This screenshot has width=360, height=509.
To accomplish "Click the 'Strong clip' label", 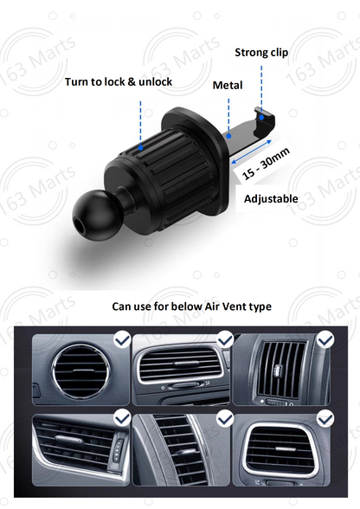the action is (261, 53).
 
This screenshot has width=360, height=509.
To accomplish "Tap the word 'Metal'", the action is (228, 86).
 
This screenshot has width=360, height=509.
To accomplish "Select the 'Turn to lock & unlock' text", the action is (119, 81).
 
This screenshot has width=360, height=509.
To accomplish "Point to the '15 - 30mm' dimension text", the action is (266, 164).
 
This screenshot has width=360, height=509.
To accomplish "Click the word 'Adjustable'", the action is (271, 199).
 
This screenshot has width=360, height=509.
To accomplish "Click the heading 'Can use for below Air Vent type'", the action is (191, 306).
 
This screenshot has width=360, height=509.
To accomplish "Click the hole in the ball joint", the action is (79, 223).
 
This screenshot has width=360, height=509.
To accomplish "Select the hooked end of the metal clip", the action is (264, 121).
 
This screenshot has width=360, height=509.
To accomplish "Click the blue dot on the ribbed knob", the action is (140, 148).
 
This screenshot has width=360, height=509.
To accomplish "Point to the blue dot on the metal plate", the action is (228, 136).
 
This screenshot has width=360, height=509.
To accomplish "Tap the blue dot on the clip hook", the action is (261, 117).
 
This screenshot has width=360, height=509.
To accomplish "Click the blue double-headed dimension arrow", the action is (251, 151).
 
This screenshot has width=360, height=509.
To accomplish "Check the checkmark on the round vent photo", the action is (122, 340).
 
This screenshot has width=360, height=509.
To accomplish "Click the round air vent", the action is (80, 370).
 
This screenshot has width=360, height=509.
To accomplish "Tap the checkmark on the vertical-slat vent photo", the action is (325, 340).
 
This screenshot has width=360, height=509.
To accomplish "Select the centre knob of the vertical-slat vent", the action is (278, 370).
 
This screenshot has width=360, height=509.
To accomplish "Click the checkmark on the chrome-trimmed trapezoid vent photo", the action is (325, 419).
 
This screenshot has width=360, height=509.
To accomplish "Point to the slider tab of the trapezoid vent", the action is (286, 448).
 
